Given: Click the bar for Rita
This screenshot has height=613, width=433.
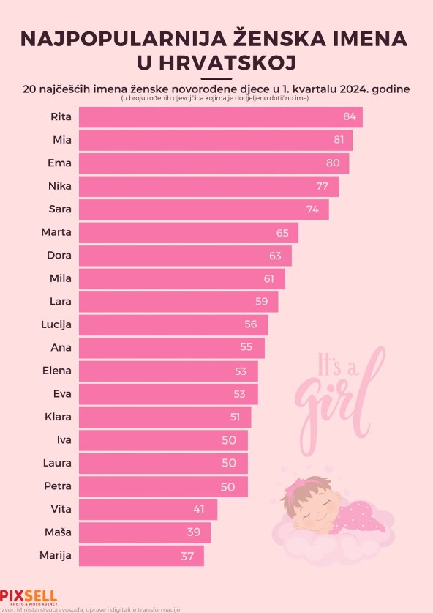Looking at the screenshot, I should pos(219,117).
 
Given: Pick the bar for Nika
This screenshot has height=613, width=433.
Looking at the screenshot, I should pos(208,186).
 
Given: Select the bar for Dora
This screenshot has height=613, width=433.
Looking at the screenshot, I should pos(184,256).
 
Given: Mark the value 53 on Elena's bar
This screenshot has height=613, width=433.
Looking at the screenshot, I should pos(241,371).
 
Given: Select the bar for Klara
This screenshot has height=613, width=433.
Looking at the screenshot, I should pos(165,417).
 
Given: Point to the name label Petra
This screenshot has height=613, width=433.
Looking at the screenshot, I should pos(58,486).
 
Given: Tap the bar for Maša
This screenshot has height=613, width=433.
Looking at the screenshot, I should pos(144,532).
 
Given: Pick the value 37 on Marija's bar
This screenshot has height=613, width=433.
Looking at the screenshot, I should pos(187,556).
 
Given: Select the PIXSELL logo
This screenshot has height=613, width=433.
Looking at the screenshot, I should pos(28,596).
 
